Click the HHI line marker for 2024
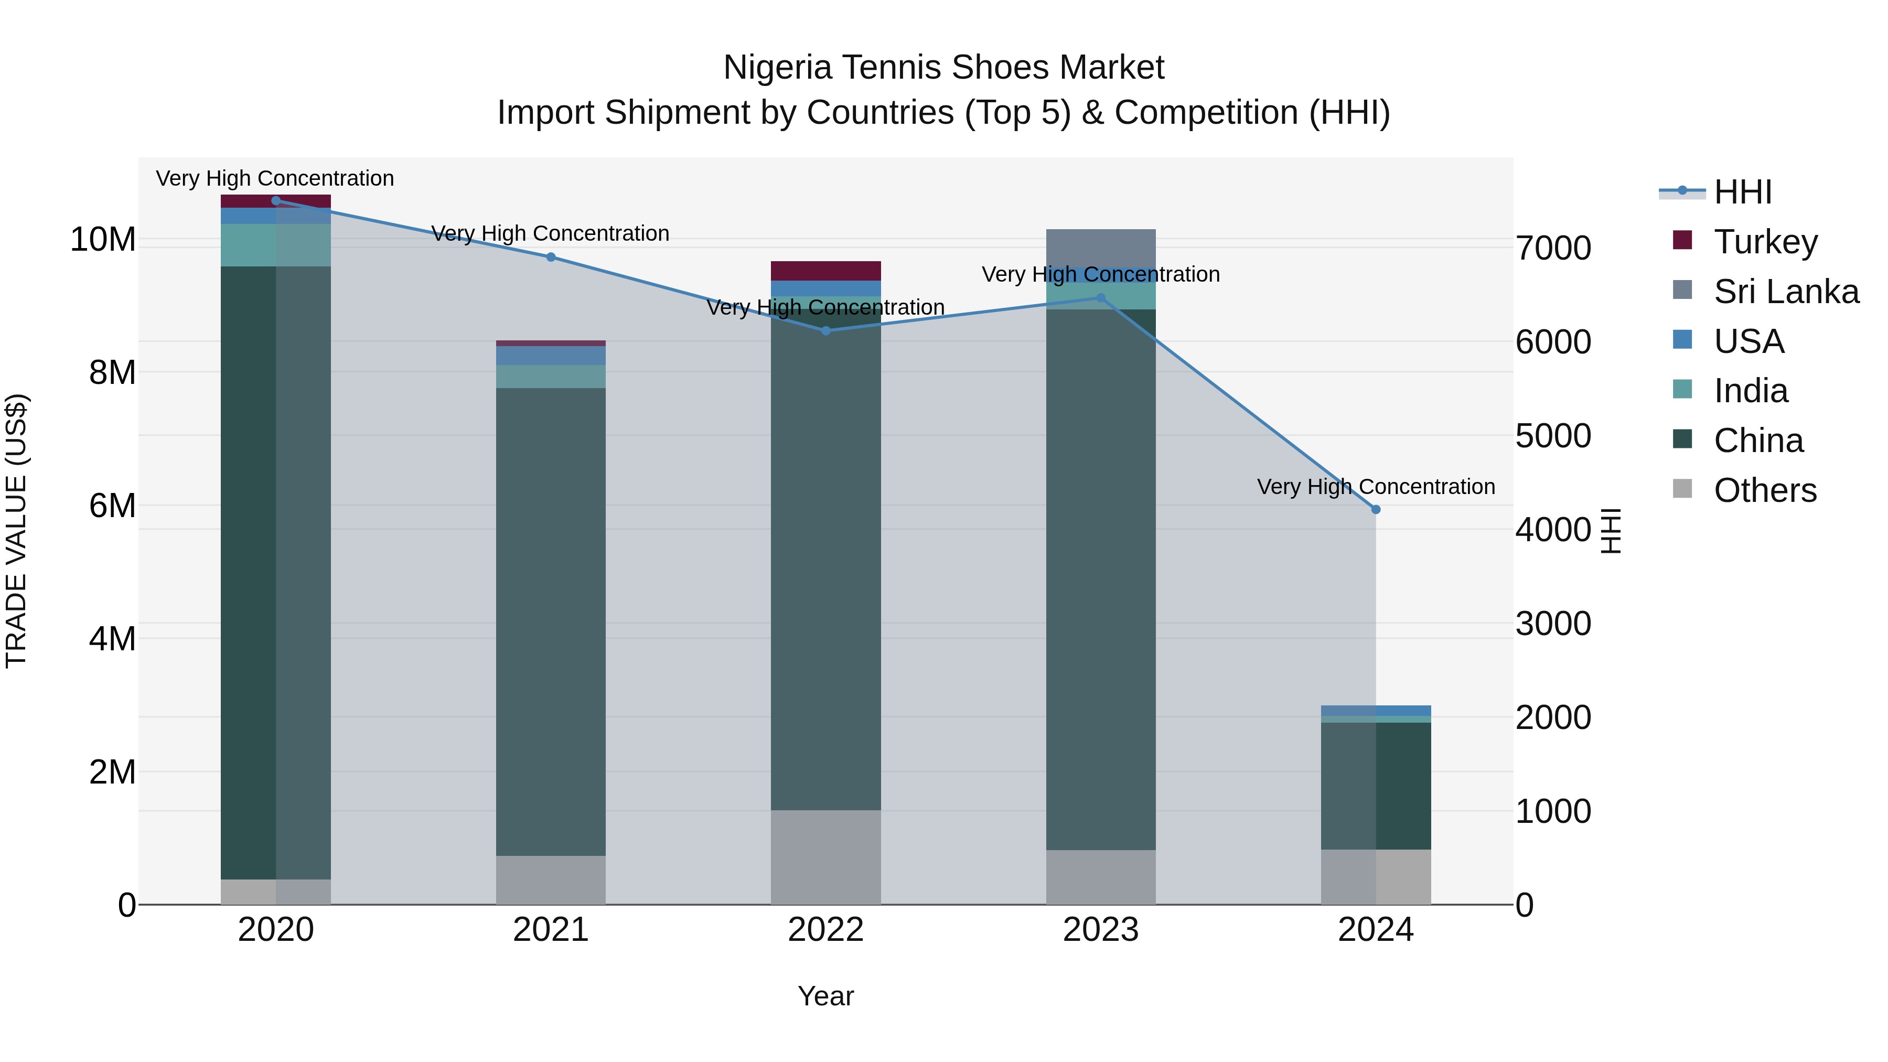pyautogui.click(x=1375, y=509)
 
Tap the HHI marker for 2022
pyautogui.click(x=825, y=330)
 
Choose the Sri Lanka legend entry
pyautogui.click(x=1785, y=292)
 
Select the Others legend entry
pyautogui.click(x=1764, y=490)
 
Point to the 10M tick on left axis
pyautogui.click(x=103, y=240)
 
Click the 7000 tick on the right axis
pyautogui.click(x=1552, y=249)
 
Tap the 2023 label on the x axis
pyautogui.click(x=1100, y=930)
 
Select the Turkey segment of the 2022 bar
pyautogui.click(x=825, y=271)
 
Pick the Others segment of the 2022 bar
pyautogui.click(x=825, y=857)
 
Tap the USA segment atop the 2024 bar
pyautogui.click(x=1375, y=710)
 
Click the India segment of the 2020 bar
pyautogui.click(x=275, y=245)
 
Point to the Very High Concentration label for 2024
pyautogui.click(x=1375, y=487)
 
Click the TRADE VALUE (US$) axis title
pyautogui.click(x=16, y=531)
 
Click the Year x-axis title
pyautogui.click(x=825, y=996)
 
